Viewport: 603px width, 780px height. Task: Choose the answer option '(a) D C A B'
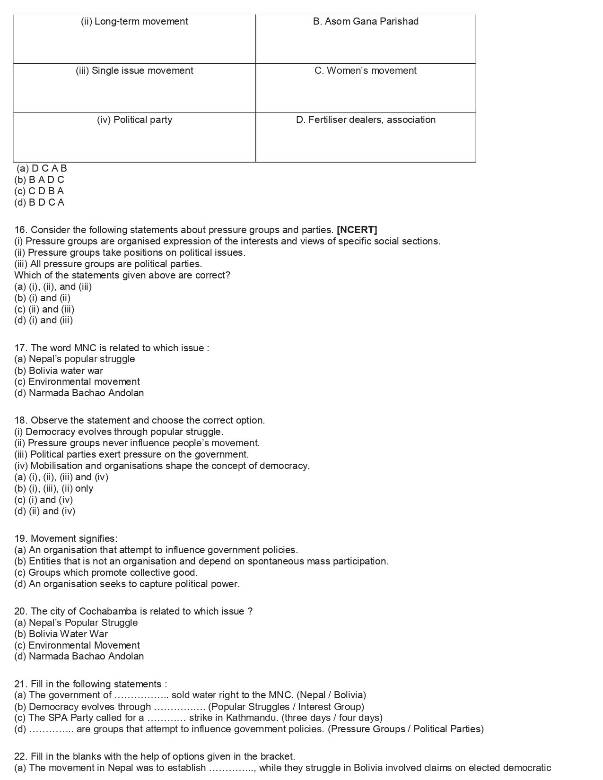click(x=42, y=168)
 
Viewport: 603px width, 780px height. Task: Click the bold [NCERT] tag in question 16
click(x=357, y=230)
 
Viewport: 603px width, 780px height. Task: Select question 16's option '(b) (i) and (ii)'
click(x=43, y=298)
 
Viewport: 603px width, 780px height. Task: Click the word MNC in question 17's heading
click(x=85, y=348)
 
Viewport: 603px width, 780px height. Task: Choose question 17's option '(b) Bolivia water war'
click(x=59, y=371)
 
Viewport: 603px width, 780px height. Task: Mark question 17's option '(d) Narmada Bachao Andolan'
click(x=79, y=393)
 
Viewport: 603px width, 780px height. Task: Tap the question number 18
click(x=21, y=421)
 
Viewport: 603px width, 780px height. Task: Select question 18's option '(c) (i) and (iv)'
click(x=44, y=500)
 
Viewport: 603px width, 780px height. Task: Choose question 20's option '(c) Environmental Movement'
click(x=77, y=645)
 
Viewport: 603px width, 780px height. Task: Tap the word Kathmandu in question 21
click(x=251, y=718)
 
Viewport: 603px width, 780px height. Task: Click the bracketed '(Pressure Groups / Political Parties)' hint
click(x=406, y=729)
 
